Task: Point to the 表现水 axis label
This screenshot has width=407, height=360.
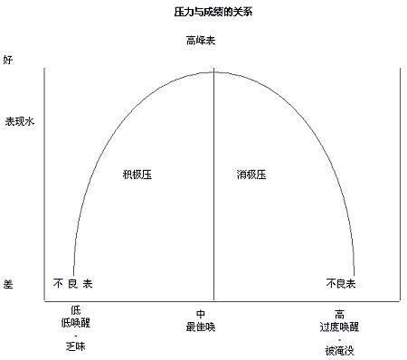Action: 21,120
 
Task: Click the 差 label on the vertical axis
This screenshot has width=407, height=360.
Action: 8,284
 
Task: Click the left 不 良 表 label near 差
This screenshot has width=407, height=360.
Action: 74,284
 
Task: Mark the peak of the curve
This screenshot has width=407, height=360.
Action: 213,72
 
